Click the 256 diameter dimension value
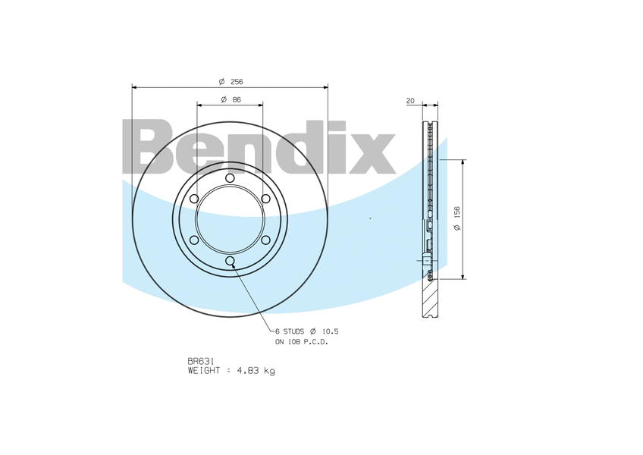(236, 81)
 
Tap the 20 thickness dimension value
(410, 100)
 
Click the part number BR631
(199, 361)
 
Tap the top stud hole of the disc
(230, 177)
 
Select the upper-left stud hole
(194, 199)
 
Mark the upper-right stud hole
(266, 199)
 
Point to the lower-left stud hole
(194, 240)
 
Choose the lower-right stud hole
(266, 240)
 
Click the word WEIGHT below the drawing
(204, 371)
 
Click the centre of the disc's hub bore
(230, 220)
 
